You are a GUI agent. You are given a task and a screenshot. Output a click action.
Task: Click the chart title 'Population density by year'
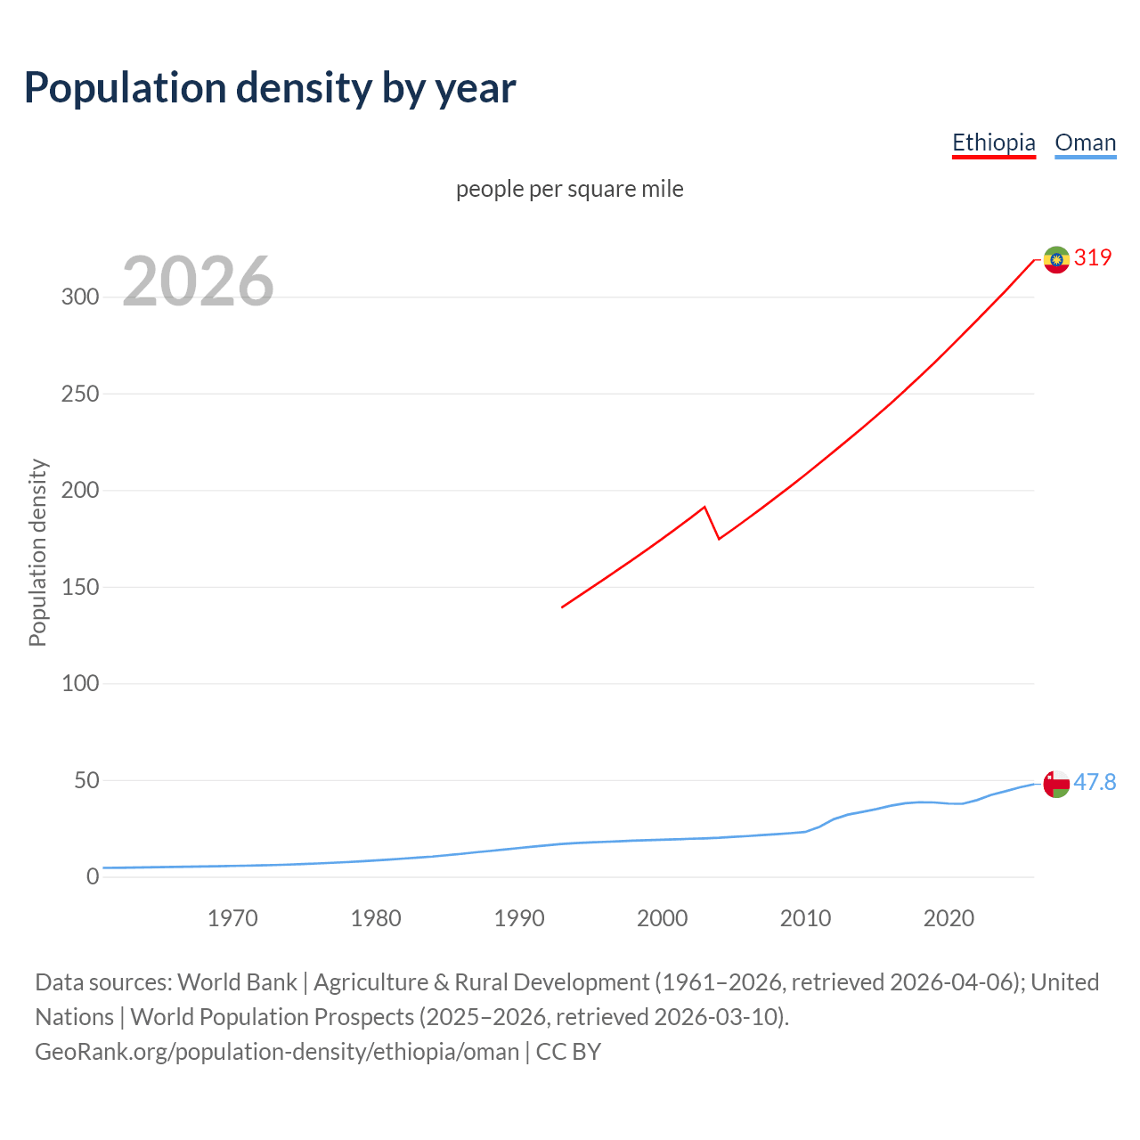pyautogui.click(x=270, y=88)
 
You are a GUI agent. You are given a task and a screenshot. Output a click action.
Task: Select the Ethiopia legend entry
pyautogui.click(x=993, y=142)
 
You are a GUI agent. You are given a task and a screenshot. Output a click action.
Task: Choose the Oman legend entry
pyautogui.click(x=1085, y=142)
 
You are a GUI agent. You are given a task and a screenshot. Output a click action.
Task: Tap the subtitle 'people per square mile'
pyautogui.click(x=569, y=190)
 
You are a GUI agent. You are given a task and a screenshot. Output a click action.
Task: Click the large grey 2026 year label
pyautogui.click(x=198, y=282)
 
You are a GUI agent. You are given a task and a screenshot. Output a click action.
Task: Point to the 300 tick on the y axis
pyautogui.click(x=80, y=297)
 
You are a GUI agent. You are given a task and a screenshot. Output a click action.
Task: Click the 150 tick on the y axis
pyautogui.click(x=80, y=588)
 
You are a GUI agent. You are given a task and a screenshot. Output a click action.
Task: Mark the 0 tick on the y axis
pyautogui.click(x=93, y=877)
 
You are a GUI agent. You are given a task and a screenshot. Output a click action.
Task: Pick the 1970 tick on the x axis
pyautogui.click(x=232, y=918)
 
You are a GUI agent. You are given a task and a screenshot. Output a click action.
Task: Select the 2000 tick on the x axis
pyautogui.click(x=662, y=918)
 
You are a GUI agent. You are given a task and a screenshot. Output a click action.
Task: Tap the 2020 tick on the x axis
pyautogui.click(x=949, y=918)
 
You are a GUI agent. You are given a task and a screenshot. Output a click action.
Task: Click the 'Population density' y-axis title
pyautogui.click(x=37, y=552)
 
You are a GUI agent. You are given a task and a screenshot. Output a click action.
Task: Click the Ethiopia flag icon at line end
pyautogui.click(x=1056, y=259)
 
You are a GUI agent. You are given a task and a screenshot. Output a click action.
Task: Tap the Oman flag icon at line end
pyautogui.click(x=1056, y=784)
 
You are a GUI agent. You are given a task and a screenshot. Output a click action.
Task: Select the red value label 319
pyautogui.click(x=1093, y=258)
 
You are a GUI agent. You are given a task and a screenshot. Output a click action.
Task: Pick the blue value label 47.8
pyautogui.click(x=1095, y=782)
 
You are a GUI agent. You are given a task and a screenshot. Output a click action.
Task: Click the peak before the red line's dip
pyautogui.click(x=704, y=508)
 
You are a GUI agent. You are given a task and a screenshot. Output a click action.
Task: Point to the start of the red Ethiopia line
pyautogui.click(x=562, y=607)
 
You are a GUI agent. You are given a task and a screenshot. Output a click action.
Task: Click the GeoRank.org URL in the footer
pyautogui.click(x=277, y=1052)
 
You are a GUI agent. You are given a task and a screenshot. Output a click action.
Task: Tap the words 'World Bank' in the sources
pyautogui.click(x=237, y=982)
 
